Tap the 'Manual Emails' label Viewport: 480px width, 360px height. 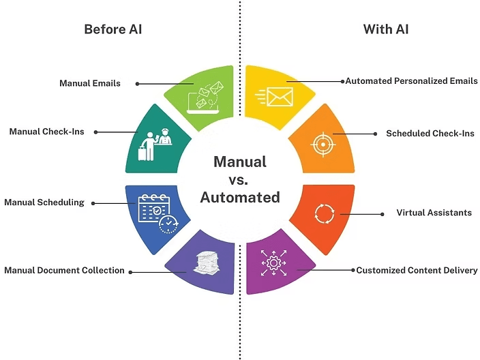(x=90, y=83)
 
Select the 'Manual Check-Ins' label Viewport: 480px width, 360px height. (x=47, y=132)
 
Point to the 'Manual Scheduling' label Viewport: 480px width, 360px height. (x=44, y=202)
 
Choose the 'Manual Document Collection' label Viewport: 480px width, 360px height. (x=64, y=271)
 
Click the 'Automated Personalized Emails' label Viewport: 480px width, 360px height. (x=411, y=81)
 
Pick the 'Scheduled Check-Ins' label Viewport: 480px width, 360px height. (x=430, y=134)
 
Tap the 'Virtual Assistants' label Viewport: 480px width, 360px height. (x=434, y=213)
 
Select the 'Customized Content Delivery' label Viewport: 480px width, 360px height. (x=417, y=271)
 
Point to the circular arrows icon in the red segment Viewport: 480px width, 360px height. (x=322, y=213)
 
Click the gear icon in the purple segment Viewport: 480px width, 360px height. (x=273, y=262)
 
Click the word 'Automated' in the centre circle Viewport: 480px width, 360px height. (x=239, y=198)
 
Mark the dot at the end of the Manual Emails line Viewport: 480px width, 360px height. (x=137, y=84)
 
